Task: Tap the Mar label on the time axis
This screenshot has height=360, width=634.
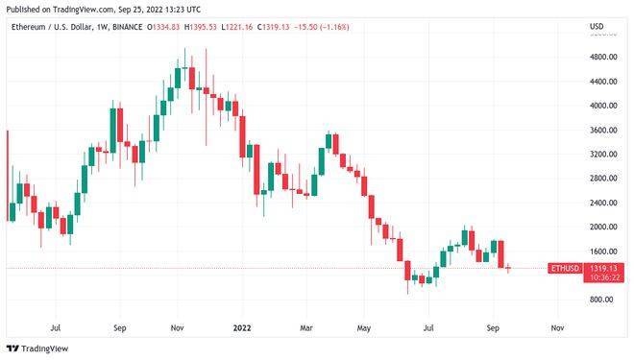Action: (x=305, y=326)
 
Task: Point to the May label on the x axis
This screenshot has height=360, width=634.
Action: (x=364, y=326)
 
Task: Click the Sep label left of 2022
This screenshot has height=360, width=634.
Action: (x=119, y=326)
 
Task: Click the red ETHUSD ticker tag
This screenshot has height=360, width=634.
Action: (x=563, y=268)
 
